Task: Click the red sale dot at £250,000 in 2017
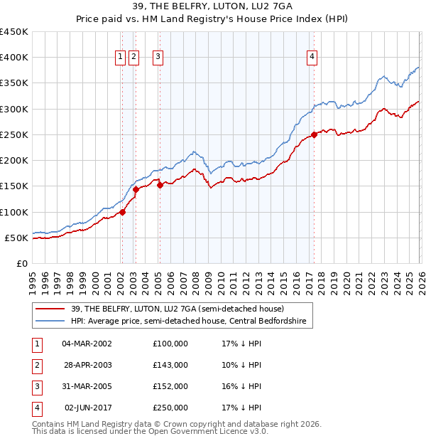tap(314, 134)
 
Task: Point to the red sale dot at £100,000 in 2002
tap(122, 211)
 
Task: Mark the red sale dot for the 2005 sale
tap(160, 185)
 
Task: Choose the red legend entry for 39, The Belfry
tap(177, 309)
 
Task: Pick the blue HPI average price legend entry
tap(188, 322)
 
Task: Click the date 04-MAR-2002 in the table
tap(87, 344)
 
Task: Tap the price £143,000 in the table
tap(170, 365)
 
